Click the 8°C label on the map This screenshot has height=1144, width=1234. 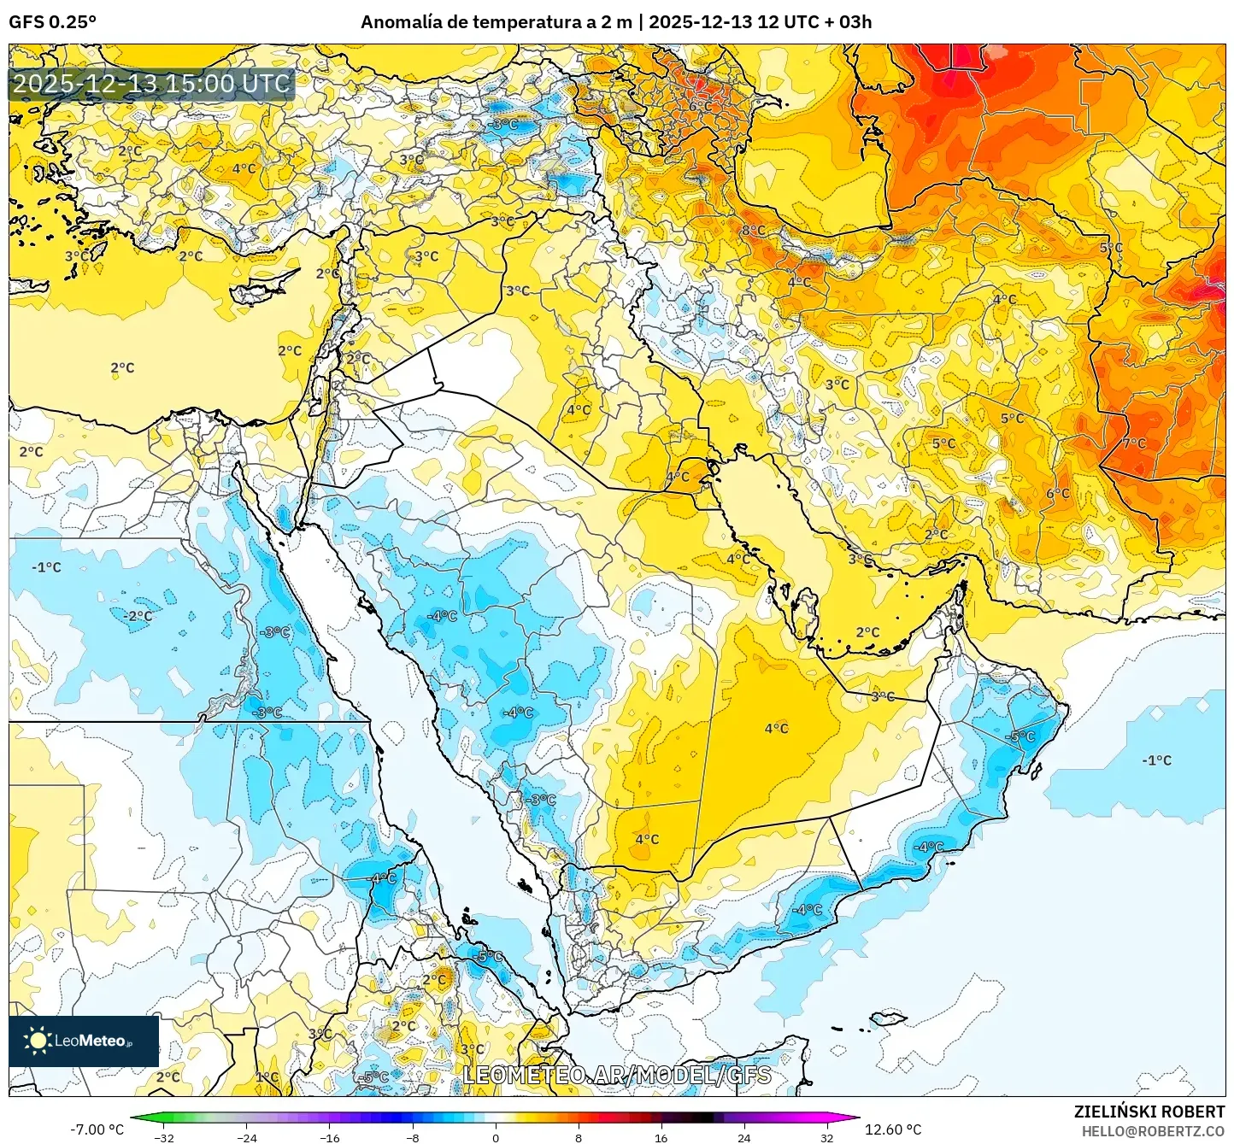coord(753,231)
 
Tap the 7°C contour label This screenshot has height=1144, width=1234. coord(1134,443)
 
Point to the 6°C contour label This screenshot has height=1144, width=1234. coord(1058,494)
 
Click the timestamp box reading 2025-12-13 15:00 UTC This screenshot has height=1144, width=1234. coord(151,84)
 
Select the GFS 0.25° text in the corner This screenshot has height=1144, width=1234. coord(52,22)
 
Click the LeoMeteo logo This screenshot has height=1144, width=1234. coord(84,1041)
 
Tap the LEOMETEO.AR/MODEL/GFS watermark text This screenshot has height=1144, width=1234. coord(616,1075)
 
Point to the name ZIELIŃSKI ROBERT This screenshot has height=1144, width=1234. coord(1149,1112)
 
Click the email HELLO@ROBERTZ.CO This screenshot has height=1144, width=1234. coord(1153,1131)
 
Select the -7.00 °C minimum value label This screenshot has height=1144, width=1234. coord(97,1129)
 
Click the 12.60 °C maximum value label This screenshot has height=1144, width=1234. coord(893,1129)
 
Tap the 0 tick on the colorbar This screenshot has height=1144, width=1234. coord(496,1138)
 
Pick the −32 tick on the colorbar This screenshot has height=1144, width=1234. coord(164,1138)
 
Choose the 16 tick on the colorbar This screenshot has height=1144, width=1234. coord(661,1138)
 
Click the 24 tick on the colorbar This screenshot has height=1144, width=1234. coord(743,1138)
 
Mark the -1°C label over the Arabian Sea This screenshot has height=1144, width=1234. coord(1156,760)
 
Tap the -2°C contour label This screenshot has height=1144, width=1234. coord(138,616)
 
